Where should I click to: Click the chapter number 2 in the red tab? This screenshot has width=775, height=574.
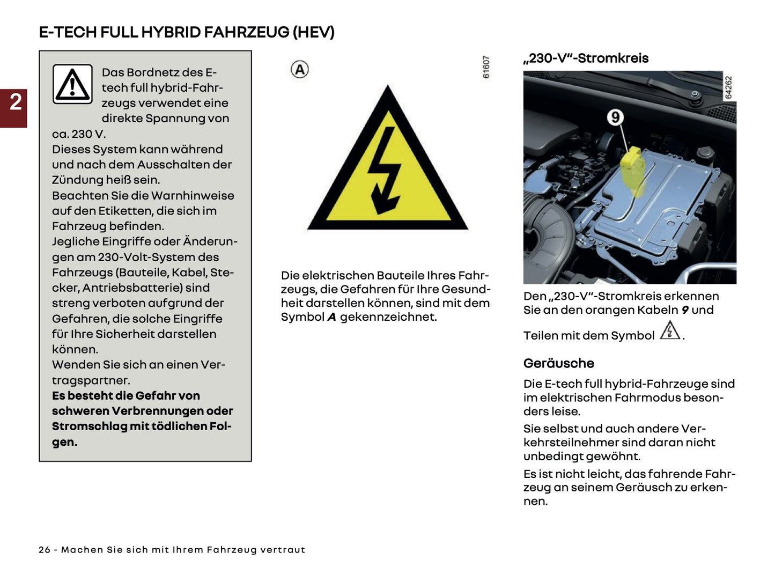click(x=16, y=102)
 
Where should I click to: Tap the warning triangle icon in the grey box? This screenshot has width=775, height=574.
click(x=72, y=84)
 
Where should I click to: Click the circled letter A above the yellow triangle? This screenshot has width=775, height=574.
click(x=300, y=69)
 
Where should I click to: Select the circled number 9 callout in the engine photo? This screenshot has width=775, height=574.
click(x=615, y=117)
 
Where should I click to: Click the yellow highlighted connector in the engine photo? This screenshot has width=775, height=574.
click(x=633, y=170)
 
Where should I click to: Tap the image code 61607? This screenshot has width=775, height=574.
click(x=486, y=67)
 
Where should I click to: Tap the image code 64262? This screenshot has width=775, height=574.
click(x=728, y=87)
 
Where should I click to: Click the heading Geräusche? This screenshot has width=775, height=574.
click(x=558, y=363)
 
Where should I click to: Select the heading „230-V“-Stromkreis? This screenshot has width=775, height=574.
click(x=586, y=58)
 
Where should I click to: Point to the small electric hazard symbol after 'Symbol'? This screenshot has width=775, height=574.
click(x=670, y=330)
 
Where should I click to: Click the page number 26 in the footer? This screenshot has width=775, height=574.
click(x=45, y=550)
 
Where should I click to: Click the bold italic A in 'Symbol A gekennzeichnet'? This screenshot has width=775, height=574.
click(x=331, y=317)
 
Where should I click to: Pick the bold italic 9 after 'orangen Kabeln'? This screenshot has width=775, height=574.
click(x=685, y=310)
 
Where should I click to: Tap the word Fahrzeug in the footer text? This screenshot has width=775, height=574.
click(x=232, y=550)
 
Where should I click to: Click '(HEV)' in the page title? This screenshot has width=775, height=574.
click(x=313, y=32)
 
